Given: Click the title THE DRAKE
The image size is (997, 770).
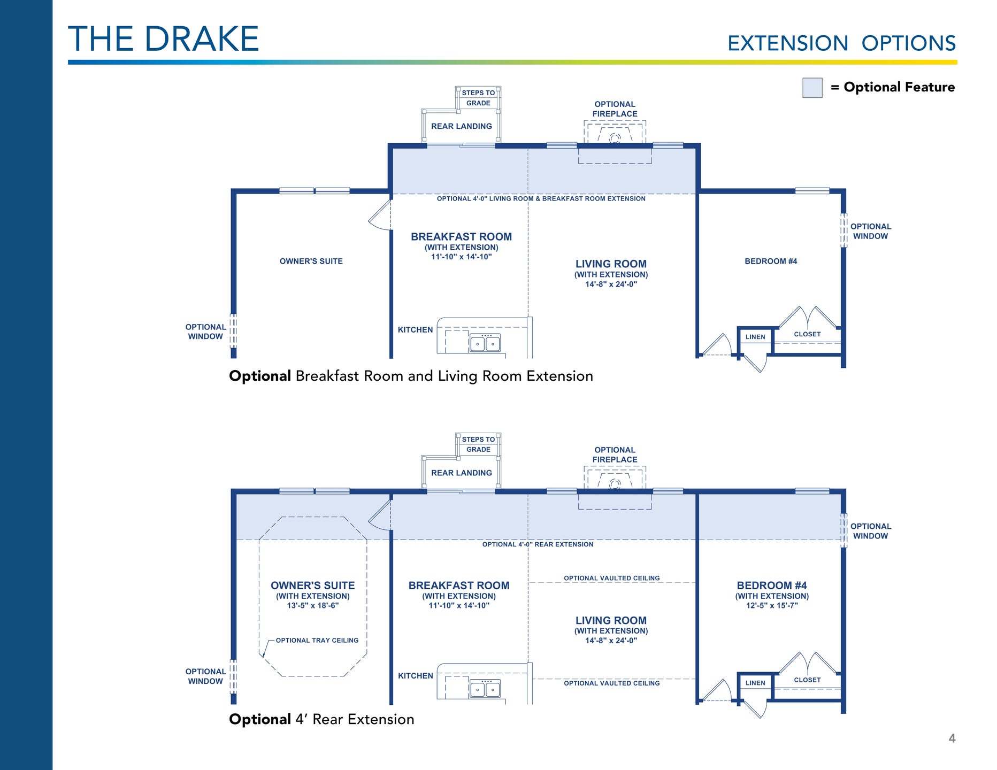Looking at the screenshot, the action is click(x=164, y=38).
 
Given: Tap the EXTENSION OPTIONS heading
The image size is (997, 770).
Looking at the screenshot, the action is click(x=841, y=43).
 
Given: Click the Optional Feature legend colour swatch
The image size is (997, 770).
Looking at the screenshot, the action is click(x=812, y=88).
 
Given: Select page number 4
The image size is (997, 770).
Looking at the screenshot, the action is click(x=952, y=738).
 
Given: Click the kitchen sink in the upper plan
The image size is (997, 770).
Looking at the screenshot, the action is click(x=485, y=343).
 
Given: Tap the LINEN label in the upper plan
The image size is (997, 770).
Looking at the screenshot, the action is click(x=755, y=337).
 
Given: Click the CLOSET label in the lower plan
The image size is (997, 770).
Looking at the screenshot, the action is click(x=807, y=680).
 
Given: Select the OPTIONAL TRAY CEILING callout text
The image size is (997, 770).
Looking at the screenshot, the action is click(x=317, y=641).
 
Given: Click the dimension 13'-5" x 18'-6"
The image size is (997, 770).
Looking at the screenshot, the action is click(x=313, y=606).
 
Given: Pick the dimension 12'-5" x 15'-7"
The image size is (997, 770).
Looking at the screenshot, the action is click(x=772, y=606).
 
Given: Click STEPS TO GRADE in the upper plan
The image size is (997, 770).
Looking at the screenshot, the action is click(x=478, y=98).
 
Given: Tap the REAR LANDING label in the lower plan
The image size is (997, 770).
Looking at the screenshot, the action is click(x=462, y=473).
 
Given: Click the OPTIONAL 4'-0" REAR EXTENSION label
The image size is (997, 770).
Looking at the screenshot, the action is click(x=538, y=544).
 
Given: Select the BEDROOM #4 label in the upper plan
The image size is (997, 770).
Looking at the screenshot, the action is click(x=771, y=261).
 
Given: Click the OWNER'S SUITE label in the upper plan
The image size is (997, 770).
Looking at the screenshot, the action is click(x=311, y=261).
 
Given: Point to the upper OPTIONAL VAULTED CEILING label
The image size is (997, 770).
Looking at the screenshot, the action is click(x=612, y=578).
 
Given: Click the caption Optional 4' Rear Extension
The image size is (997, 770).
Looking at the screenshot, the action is click(x=321, y=719).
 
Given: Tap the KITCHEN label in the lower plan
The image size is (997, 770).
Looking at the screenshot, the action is click(x=416, y=676).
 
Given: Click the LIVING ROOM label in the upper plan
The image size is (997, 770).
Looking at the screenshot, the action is click(x=611, y=264).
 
